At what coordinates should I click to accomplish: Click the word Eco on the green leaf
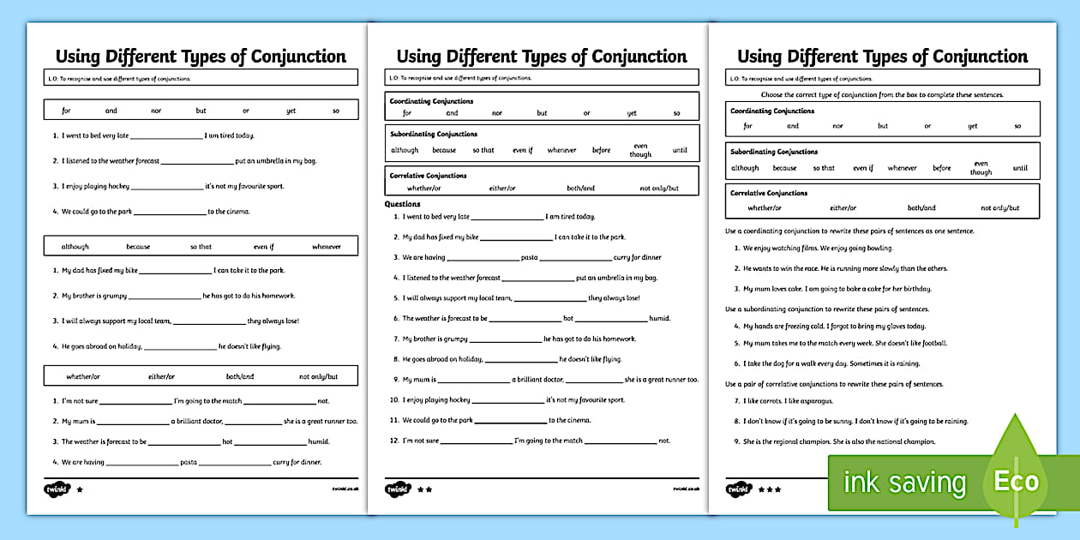point(1016,481)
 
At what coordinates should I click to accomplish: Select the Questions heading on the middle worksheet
point(402,204)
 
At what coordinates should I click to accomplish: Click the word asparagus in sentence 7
point(816,401)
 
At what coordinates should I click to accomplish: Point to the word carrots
point(765,401)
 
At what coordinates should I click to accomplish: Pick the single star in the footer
point(81,489)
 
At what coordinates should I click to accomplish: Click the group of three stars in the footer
point(768,489)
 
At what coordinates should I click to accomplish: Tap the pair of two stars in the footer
point(423,489)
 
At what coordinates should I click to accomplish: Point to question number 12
point(395,441)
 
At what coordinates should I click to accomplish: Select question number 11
point(395,420)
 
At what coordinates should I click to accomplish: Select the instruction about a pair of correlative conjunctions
point(834,384)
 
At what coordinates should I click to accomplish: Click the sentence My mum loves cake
point(837,289)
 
